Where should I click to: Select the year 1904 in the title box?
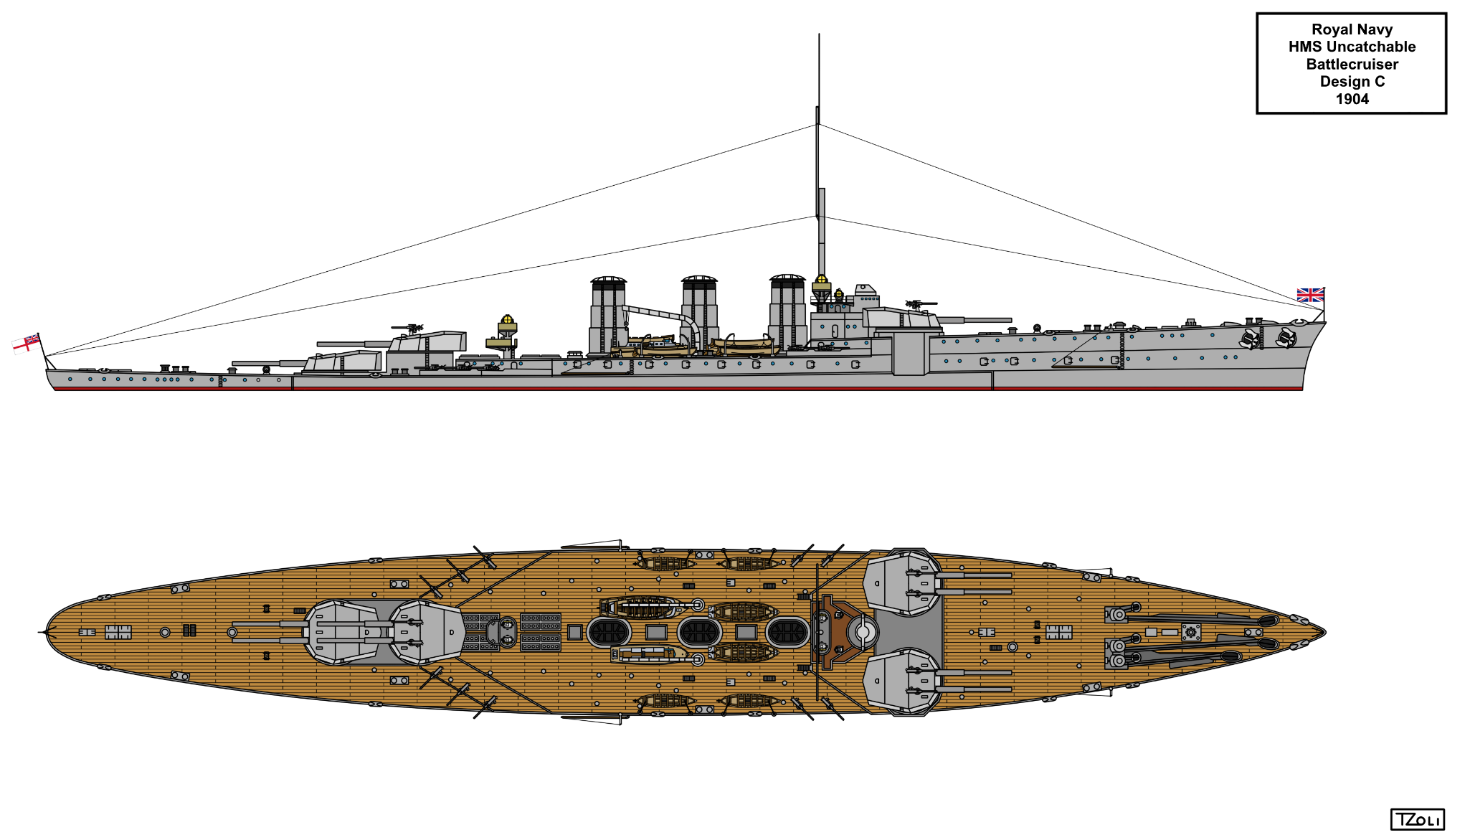(1352, 99)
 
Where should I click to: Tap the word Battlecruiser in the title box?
(1352, 64)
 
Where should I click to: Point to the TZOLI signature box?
(1417, 819)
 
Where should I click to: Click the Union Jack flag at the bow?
(1310, 295)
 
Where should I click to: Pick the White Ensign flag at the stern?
(26, 343)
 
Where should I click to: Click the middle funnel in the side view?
(699, 313)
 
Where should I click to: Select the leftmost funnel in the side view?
(608, 314)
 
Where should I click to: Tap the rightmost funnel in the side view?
(787, 311)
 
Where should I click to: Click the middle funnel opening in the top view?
(699, 632)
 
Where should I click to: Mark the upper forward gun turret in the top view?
(903, 583)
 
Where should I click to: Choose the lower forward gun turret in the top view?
(903, 681)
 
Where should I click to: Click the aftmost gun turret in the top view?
(341, 632)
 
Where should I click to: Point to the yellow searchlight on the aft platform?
(508, 319)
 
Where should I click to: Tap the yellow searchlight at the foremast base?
(821, 280)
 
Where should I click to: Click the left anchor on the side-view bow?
(1251, 339)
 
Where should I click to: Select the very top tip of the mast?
(819, 34)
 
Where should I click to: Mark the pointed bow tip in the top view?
(1325, 632)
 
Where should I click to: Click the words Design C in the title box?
(1352, 81)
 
